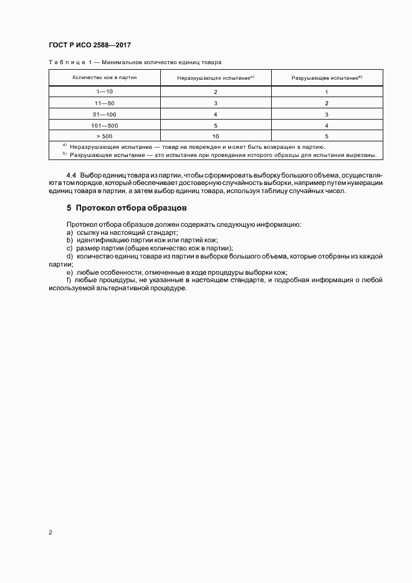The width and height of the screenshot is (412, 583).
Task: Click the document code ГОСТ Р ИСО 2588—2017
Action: coord(89,45)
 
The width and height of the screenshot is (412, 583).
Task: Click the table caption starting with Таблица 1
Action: coord(135,62)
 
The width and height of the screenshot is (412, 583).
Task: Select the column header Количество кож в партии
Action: coord(105,77)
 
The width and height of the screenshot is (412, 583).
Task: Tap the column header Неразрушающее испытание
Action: coord(215,77)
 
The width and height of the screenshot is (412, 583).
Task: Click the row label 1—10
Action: coord(105,92)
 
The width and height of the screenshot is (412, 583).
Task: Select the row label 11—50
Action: coord(105,103)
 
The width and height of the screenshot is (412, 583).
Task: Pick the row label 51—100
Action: coord(105,114)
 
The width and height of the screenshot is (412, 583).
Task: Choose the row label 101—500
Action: coord(105,125)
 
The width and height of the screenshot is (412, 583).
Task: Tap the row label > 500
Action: coord(105,136)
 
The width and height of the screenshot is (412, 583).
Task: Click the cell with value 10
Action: coord(215,136)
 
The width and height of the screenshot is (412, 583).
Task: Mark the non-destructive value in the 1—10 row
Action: coord(215,92)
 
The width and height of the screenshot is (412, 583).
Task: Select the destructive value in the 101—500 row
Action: coord(326,125)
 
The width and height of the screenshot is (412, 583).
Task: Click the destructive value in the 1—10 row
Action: coord(326,92)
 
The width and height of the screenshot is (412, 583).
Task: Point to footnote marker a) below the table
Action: coord(64,146)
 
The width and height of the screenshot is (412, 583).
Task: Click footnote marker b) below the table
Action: coord(64,154)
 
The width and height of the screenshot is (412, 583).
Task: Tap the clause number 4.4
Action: coord(71,176)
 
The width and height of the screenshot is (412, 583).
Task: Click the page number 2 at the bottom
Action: coord(50,533)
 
